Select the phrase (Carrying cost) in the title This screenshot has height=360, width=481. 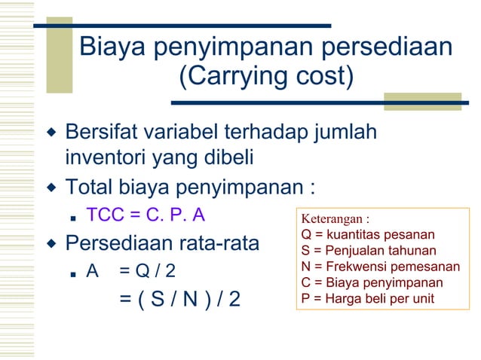coord(266,76)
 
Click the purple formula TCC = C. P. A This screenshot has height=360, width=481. coord(146,215)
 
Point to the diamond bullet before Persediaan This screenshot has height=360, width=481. coord(51,243)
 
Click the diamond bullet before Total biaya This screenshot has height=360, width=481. coord(51,186)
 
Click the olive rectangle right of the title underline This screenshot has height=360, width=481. coord(422,101)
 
